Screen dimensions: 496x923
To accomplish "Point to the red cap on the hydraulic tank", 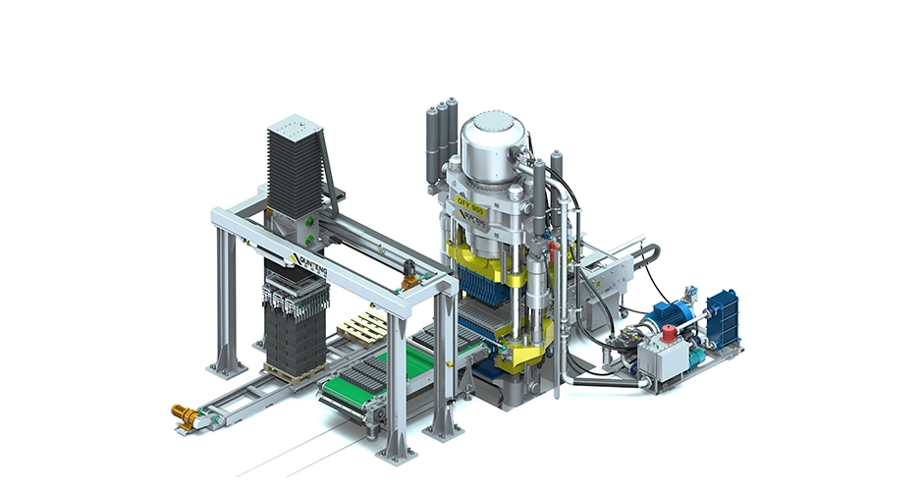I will (672, 334).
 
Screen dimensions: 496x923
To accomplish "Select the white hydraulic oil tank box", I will (664, 355).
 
